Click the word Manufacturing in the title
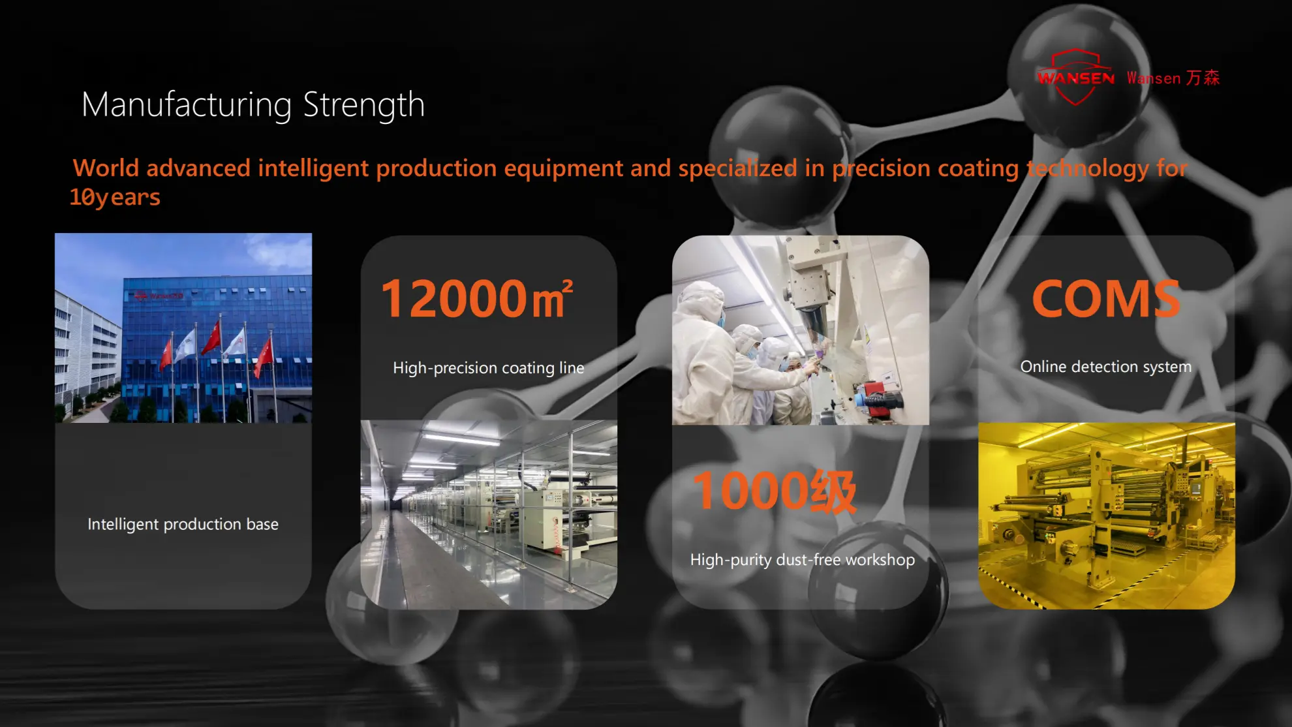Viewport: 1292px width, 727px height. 187,105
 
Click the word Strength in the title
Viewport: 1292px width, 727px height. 364,105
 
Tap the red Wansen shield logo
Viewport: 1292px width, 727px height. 1076,77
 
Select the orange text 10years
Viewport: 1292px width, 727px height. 115,197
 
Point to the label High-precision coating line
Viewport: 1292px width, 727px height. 489,368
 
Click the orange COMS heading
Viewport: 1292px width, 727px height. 1106,299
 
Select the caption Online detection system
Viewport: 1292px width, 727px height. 1106,367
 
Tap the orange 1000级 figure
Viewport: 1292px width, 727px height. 775,491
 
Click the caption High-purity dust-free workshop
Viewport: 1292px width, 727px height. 803,560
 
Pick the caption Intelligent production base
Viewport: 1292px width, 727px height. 183,525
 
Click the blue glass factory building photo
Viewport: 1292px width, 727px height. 183,328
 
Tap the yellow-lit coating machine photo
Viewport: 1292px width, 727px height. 1107,516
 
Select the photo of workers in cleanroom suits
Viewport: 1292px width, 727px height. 801,330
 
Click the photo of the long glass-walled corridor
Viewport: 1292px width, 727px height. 489,514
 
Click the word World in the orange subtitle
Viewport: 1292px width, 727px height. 106,168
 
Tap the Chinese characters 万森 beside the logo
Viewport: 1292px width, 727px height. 1203,78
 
